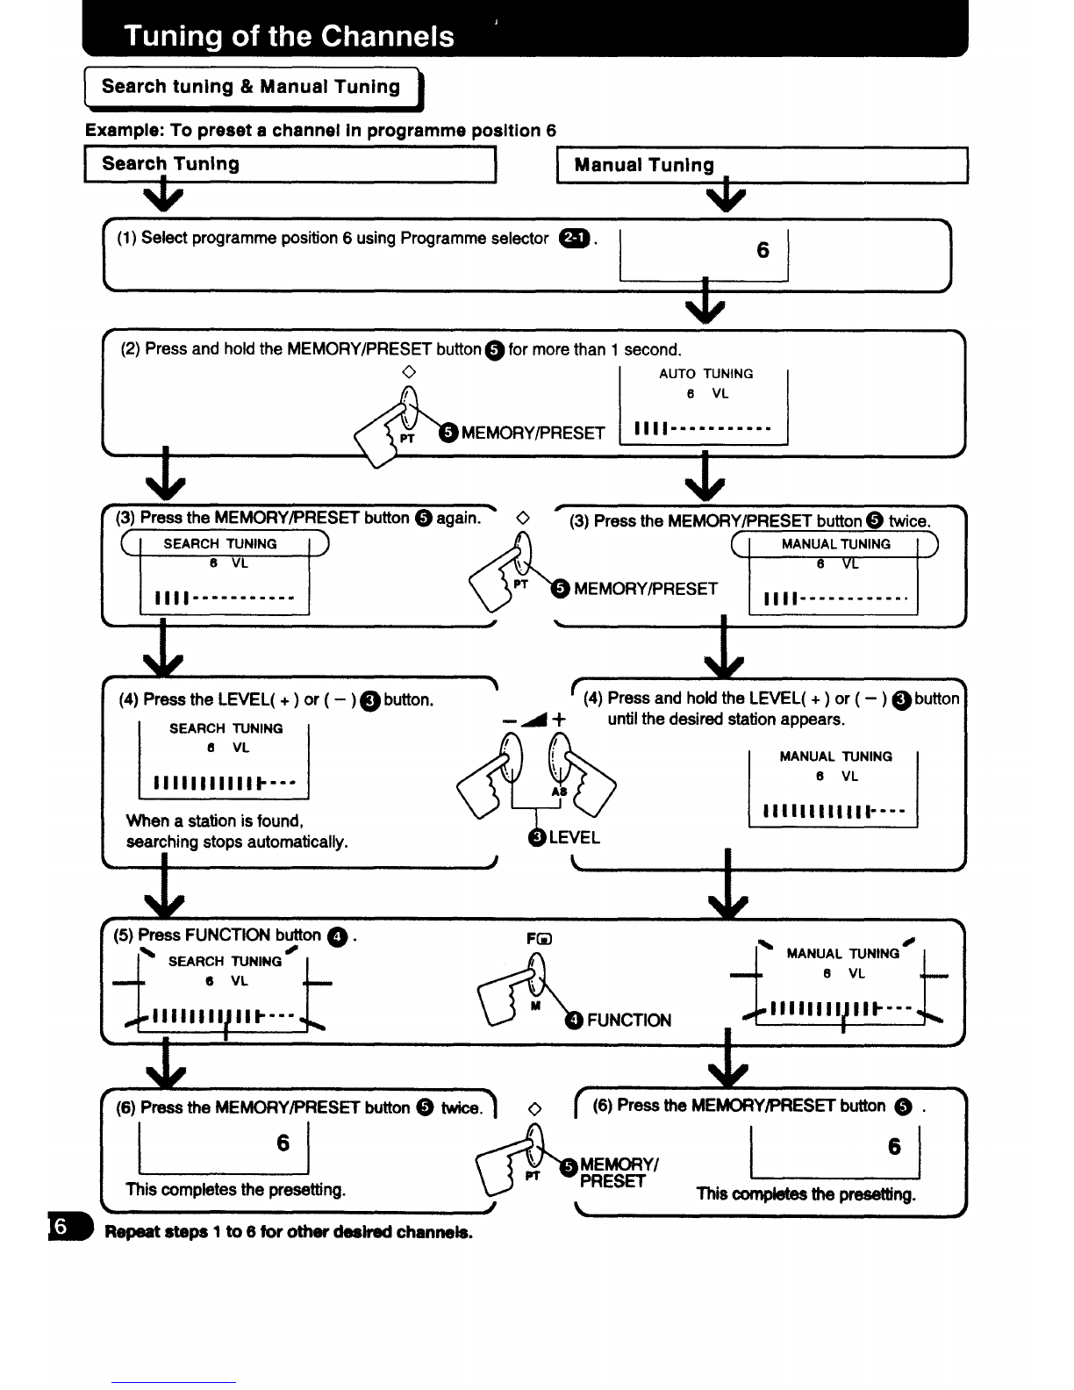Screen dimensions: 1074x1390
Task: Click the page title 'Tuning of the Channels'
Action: [289, 37]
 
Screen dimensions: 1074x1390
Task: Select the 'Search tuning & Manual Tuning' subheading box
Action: [254, 88]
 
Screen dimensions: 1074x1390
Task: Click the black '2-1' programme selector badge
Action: [574, 238]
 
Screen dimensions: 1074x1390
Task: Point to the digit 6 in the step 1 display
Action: [763, 250]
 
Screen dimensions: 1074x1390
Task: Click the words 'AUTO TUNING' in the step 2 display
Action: [705, 374]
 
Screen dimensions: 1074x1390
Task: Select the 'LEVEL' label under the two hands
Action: [574, 837]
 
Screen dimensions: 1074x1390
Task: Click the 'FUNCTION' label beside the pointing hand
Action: [629, 1021]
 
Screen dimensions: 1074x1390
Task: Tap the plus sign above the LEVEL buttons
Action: [558, 719]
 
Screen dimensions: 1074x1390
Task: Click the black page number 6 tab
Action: [69, 1226]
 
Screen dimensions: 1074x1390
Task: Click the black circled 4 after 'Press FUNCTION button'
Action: [337, 937]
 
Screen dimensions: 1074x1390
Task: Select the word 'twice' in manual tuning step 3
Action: [908, 521]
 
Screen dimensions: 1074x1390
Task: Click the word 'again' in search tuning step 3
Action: [458, 518]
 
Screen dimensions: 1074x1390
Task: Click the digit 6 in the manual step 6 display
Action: [894, 1146]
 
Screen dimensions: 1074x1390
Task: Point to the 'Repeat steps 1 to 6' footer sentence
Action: [289, 1232]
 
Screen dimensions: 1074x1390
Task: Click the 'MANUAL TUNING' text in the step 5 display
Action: [842, 954]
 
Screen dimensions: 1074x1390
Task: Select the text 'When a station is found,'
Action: [215, 820]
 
